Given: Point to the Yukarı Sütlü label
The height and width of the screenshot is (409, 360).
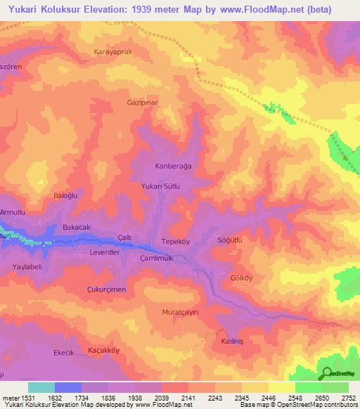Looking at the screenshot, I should click(x=162, y=187).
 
